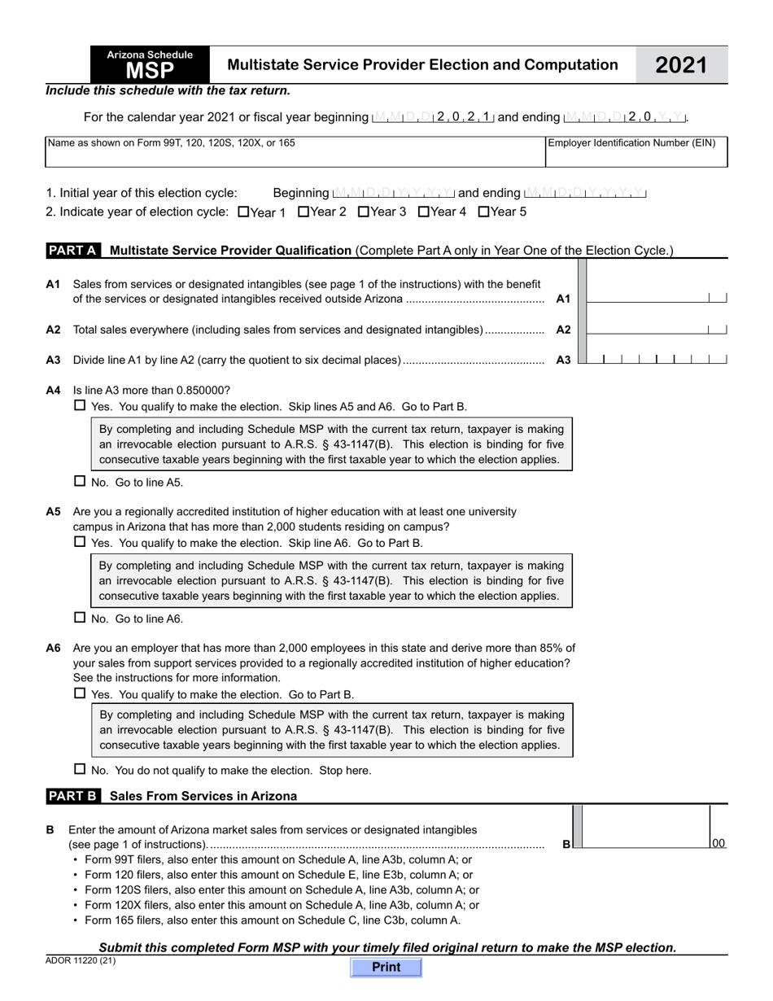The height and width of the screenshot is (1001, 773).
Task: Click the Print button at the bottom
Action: point(386,967)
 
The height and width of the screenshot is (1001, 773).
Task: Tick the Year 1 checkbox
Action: point(243,212)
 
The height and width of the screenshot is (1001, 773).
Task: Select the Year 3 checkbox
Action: point(364,212)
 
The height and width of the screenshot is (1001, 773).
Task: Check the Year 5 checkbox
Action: point(484,212)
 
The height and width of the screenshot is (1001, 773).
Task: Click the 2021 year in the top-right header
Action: point(682,65)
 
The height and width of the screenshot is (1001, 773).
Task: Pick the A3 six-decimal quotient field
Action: point(656,358)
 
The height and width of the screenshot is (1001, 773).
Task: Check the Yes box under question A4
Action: point(80,405)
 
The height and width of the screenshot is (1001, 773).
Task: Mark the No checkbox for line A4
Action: point(80,481)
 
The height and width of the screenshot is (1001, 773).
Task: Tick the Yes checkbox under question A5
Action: point(80,542)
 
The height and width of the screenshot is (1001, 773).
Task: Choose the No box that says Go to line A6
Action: point(80,618)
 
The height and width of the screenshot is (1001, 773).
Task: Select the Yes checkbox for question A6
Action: point(80,693)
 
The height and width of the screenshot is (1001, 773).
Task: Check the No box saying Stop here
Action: point(80,769)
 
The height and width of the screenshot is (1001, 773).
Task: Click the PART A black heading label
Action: point(73,251)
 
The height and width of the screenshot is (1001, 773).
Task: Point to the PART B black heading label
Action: point(73,796)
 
